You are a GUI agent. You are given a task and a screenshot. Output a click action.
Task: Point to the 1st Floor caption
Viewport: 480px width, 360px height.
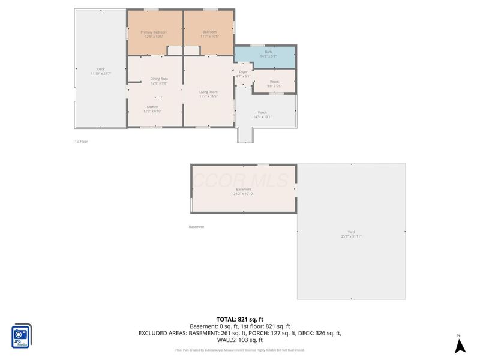coord(81,142)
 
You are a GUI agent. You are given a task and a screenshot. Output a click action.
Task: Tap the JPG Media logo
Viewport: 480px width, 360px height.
coord(22,335)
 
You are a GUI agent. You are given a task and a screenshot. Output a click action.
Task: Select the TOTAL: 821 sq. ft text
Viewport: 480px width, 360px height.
coord(240,319)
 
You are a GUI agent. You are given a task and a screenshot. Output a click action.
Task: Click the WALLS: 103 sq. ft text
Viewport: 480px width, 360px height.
coord(240,340)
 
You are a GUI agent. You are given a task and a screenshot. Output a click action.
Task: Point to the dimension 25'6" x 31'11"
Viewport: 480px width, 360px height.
coord(351,237)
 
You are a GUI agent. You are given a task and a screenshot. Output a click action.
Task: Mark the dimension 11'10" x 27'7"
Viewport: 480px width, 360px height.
coord(101,74)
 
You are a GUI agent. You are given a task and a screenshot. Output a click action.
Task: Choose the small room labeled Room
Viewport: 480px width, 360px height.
coord(274,83)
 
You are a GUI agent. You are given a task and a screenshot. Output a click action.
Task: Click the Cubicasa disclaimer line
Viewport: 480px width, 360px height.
coord(240,350)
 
